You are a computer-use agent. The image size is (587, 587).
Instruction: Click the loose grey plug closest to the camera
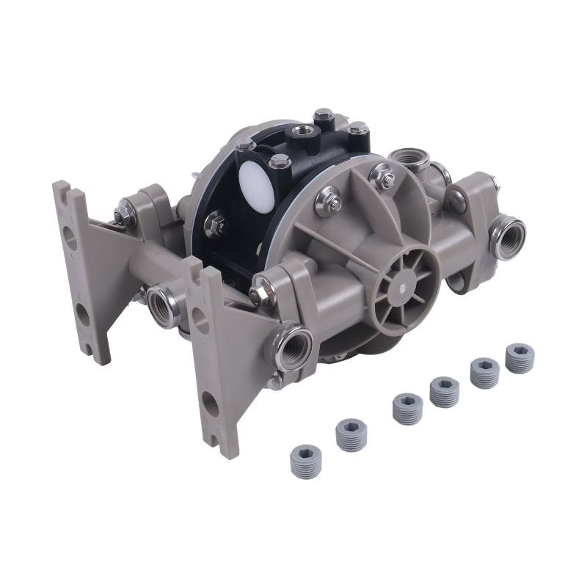[305, 461]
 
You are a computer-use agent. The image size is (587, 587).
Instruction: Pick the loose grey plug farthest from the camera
[519, 357]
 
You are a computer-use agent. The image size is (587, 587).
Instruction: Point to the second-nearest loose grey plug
[351, 434]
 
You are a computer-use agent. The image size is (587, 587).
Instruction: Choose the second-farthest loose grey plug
[484, 372]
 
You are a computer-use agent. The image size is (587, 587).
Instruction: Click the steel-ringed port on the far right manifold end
[508, 236]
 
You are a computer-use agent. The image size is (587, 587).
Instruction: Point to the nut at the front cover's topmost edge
[382, 175]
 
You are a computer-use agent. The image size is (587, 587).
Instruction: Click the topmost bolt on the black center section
[323, 114]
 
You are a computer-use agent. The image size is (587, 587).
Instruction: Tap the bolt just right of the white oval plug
[279, 161]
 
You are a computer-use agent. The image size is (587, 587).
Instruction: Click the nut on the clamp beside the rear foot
[122, 214]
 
